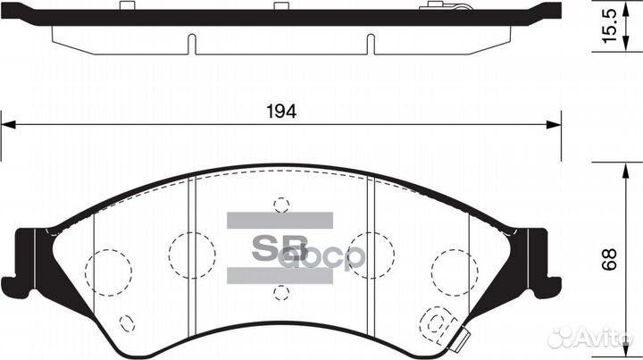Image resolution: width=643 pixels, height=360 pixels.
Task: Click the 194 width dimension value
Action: click(281, 113)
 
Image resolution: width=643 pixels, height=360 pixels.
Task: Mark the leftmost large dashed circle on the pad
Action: click(109, 265)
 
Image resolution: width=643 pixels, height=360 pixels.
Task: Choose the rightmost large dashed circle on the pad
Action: click(452, 265)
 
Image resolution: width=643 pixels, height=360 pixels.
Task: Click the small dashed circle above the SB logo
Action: click(281, 205)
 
